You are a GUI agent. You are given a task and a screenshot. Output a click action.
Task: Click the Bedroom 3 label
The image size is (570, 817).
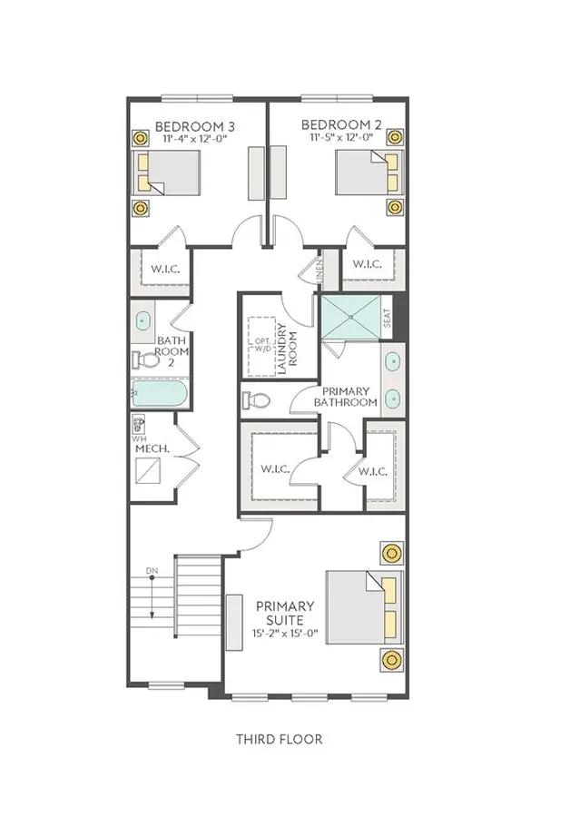[195, 126]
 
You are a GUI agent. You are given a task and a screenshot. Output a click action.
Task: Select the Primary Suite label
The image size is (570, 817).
[285, 613]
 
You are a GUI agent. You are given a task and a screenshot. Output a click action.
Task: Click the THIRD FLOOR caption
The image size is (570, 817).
[280, 739]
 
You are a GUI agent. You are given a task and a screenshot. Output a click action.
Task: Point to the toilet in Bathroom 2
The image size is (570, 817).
[147, 359]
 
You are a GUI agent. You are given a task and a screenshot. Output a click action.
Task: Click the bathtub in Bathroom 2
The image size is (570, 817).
[159, 393]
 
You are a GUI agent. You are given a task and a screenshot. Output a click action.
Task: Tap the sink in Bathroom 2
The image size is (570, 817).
[142, 320]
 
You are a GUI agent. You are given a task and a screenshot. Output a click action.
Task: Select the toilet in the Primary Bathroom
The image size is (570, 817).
[256, 400]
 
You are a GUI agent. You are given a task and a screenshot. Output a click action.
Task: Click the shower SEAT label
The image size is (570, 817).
[387, 318]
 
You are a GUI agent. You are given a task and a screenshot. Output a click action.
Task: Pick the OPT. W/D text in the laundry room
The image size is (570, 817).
[262, 345]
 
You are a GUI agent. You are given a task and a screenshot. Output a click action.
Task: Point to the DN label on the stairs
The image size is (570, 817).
[152, 571]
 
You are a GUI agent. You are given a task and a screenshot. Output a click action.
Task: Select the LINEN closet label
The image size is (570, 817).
[319, 271]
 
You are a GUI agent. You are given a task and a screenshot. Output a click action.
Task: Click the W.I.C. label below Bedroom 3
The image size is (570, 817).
[165, 269]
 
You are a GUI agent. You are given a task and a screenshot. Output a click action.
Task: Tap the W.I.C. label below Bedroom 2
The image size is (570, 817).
[367, 264]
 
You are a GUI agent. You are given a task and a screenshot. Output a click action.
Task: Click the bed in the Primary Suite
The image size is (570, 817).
[364, 607]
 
